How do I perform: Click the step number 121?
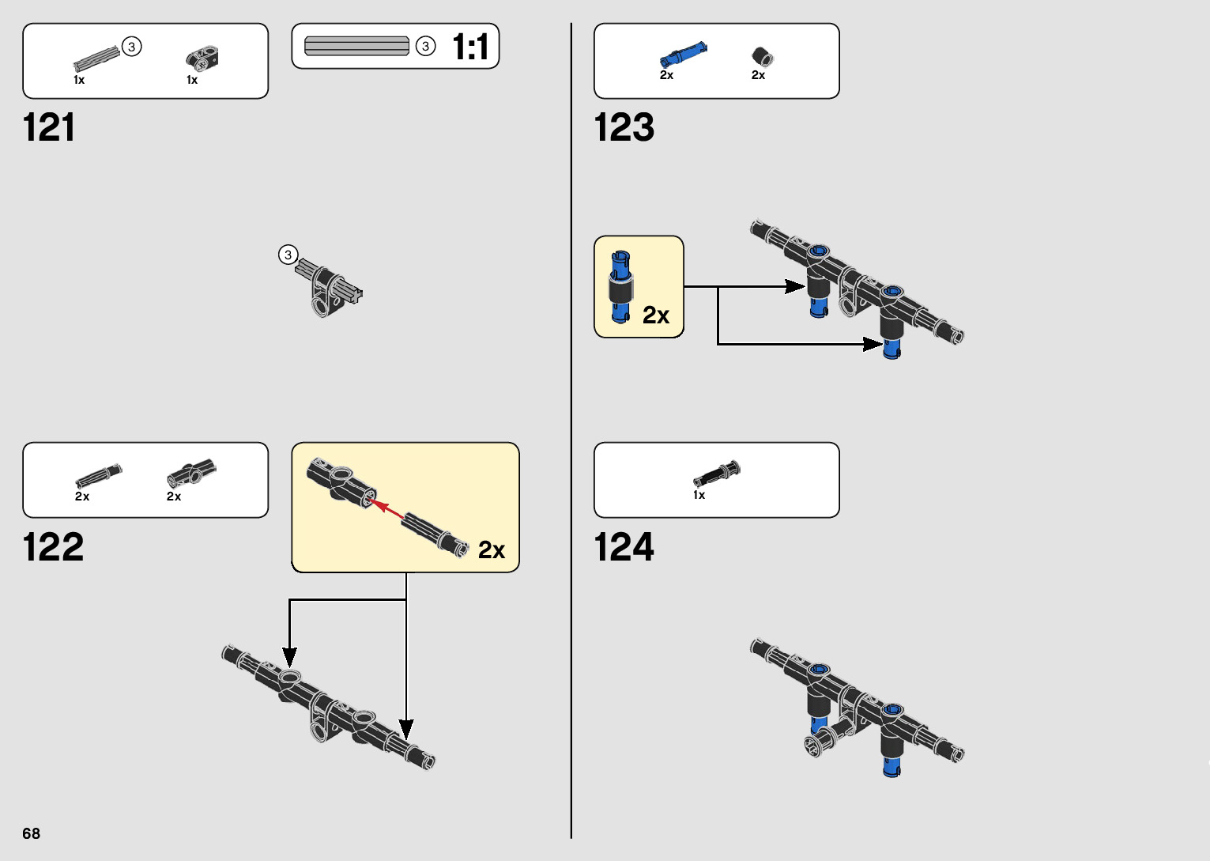pyautogui.click(x=49, y=128)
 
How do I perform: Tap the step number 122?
pyautogui.click(x=53, y=547)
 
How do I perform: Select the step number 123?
pyautogui.click(x=624, y=128)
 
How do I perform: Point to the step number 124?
pyautogui.click(x=624, y=547)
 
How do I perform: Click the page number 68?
pyautogui.click(x=31, y=833)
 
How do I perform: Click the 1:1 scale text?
pyautogui.click(x=470, y=47)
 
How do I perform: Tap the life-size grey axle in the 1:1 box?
pyautogui.click(x=356, y=46)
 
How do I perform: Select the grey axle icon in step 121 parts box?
pyautogui.click(x=96, y=59)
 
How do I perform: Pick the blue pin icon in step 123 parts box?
pyautogui.click(x=683, y=55)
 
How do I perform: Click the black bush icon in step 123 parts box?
pyautogui.click(x=762, y=56)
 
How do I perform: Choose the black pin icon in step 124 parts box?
pyautogui.click(x=717, y=474)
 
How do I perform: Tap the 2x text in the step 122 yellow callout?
pyautogui.click(x=491, y=549)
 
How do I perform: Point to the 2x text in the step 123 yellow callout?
pyautogui.click(x=655, y=315)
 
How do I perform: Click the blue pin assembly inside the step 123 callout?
pyautogui.click(x=621, y=287)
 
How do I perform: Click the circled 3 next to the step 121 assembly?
pyautogui.click(x=288, y=255)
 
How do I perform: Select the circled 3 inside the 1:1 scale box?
pyautogui.click(x=425, y=46)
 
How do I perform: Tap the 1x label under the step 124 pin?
pyautogui.click(x=699, y=495)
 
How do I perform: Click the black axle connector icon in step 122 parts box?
pyautogui.click(x=191, y=473)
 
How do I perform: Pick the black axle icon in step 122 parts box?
pyautogui.click(x=98, y=476)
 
